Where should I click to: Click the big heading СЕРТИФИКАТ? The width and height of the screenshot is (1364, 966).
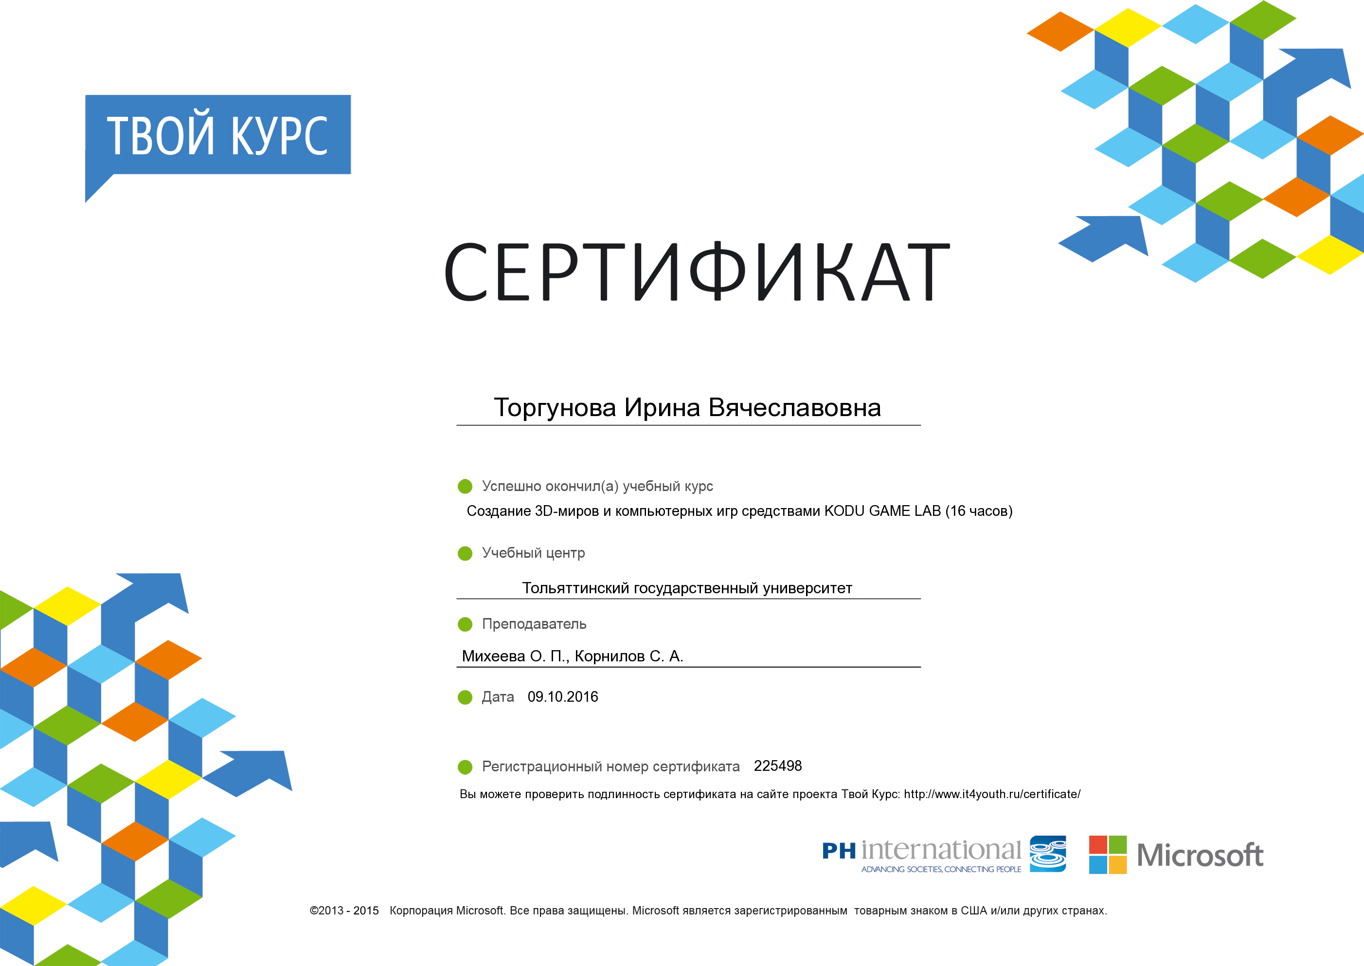[x=697, y=272]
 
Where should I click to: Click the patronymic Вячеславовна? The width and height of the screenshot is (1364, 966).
[x=794, y=408]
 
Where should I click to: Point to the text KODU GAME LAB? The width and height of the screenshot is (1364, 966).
[x=882, y=511]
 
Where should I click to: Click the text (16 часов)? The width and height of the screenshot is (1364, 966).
[x=979, y=511]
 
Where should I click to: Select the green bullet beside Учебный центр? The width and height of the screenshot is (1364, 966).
[x=465, y=554]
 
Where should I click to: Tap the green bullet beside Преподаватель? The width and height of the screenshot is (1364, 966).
[x=465, y=624]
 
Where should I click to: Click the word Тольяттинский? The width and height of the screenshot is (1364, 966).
[x=575, y=588]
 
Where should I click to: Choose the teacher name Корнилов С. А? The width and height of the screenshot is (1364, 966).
[x=629, y=656]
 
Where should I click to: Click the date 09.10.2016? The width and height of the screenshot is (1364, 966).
[x=562, y=696]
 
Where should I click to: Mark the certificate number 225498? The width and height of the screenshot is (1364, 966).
[x=778, y=766]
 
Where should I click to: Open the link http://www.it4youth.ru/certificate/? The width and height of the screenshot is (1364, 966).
[x=992, y=794]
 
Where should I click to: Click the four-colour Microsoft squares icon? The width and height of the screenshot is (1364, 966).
[x=1108, y=855]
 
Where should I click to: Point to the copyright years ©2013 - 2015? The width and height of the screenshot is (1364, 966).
[x=344, y=911]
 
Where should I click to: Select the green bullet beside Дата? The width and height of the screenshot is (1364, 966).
[x=465, y=697]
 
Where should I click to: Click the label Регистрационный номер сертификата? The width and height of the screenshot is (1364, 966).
[x=610, y=767]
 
